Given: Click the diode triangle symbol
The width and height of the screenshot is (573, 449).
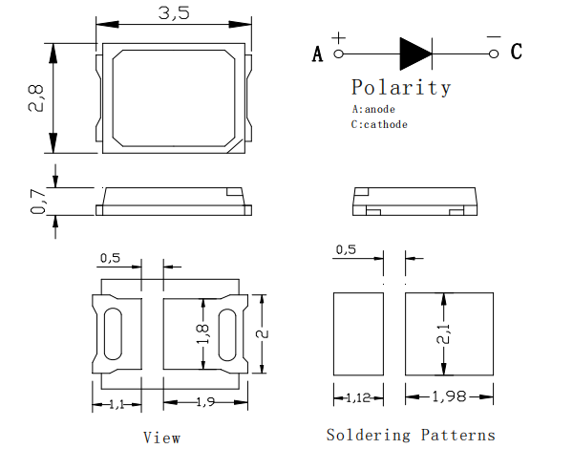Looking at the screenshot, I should pos(415,53).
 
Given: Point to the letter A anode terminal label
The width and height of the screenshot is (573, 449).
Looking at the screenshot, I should pos(318,53).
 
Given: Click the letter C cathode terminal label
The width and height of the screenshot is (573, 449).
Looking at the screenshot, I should pos(516,53).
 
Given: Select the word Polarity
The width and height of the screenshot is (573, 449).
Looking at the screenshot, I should pos(401,88).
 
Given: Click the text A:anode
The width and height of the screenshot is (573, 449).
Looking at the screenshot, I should pos(373,109).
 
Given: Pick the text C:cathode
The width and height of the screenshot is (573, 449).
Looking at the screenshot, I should pos(379,124).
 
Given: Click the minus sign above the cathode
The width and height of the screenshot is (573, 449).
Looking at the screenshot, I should pos(493,37).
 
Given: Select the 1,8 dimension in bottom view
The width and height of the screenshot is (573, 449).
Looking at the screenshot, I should pos(202,332).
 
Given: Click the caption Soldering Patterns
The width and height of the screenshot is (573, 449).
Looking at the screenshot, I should pos(411,435).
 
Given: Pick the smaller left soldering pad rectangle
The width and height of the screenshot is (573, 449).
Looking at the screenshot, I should pos(355,334).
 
